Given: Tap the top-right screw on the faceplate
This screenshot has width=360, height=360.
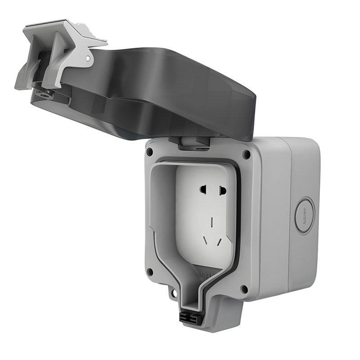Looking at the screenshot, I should (246, 154).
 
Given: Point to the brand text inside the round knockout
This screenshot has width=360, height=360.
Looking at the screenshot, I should (305, 215).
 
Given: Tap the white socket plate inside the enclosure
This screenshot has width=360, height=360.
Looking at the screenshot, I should (205, 211).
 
